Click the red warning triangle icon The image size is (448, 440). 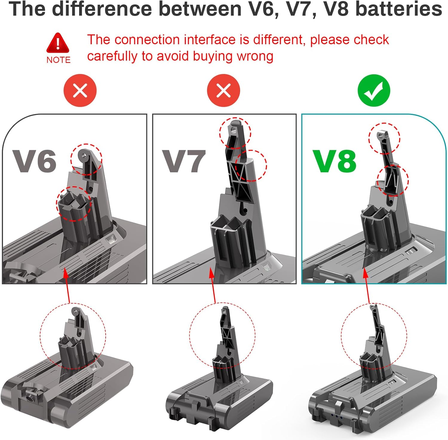pos(58,43)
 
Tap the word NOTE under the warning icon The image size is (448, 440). pos(58,60)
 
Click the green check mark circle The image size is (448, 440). pos(374,90)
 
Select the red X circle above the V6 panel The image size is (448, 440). pos(80,90)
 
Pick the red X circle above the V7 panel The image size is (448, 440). pos(223,90)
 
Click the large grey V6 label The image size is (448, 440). pos(34,161)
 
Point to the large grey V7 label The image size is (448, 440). pos(184,161)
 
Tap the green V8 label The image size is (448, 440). pos(335,161)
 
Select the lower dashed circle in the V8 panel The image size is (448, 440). pos(392,181)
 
